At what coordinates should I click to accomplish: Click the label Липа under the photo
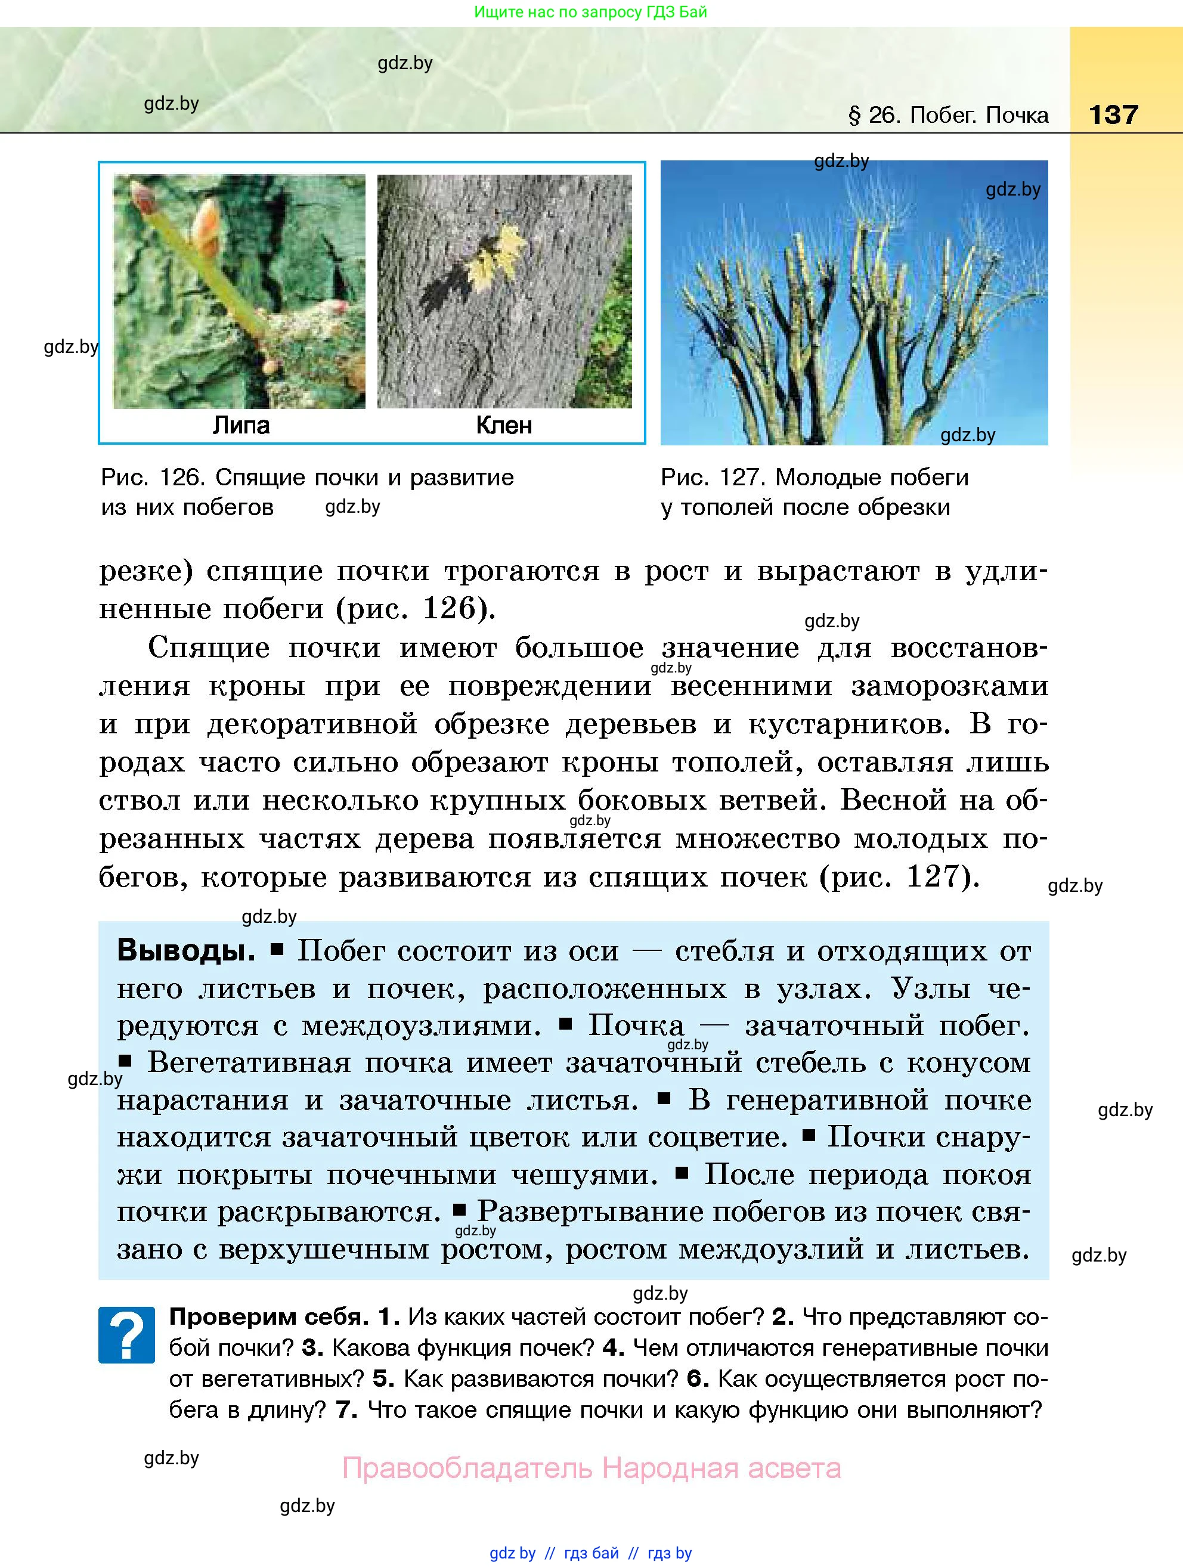[x=241, y=425]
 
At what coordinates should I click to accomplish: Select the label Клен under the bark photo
[x=503, y=425]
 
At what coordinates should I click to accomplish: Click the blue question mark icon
[x=126, y=1335]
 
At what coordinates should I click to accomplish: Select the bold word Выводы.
[x=185, y=950]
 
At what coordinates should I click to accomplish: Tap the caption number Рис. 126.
[x=153, y=478]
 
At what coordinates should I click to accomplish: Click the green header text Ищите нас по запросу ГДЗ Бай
[x=590, y=12]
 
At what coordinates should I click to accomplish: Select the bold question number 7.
[x=346, y=1410]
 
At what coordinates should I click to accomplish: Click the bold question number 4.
[x=612, y=1347]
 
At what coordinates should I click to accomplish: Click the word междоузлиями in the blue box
[x=421, y=1025]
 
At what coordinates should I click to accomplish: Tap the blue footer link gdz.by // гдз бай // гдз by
[x=590, y=1553]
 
